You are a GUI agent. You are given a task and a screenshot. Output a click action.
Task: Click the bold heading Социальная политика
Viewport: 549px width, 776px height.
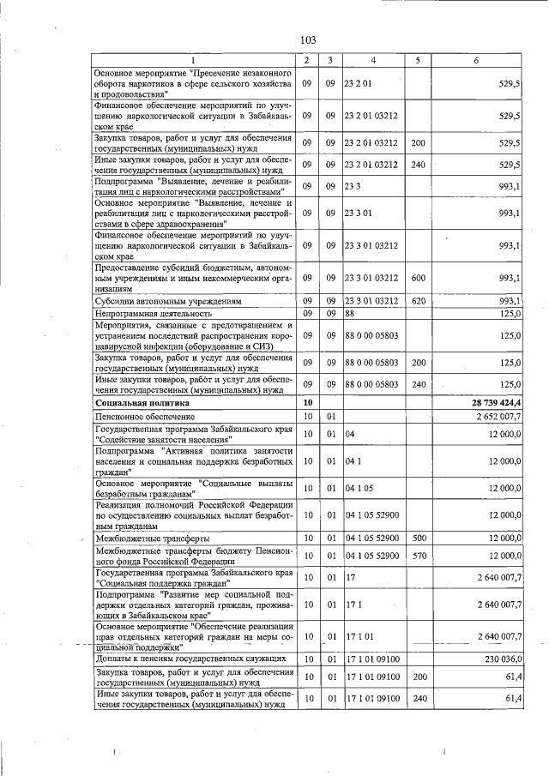pos(136,402)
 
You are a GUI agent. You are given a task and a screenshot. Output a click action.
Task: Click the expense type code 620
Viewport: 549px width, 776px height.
pos(419,302)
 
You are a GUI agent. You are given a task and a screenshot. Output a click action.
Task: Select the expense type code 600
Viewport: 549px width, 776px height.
pos(419,278)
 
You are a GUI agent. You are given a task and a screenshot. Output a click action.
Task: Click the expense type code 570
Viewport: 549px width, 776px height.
pos(419,556)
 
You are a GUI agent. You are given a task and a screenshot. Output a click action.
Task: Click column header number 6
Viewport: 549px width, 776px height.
pos(477,60)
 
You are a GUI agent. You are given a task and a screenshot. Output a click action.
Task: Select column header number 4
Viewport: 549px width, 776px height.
pos(373,60)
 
